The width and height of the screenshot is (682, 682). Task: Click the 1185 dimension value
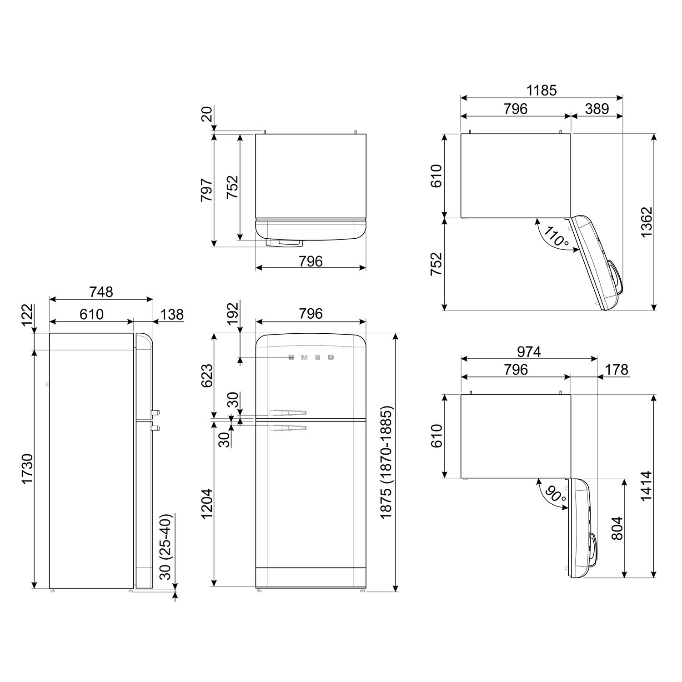pyautogui.click(x=542, y=90)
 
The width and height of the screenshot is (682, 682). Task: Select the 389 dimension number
pyautogui.click(x=597, y=109)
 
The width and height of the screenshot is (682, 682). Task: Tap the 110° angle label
pyautogui.click(x=556, y=236)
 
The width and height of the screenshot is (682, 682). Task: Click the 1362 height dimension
pyautogui.click(x=646, y=222)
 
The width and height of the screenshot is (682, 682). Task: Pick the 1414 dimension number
pyautogui.click(x=646, y=486)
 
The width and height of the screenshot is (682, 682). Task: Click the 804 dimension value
pyautogui.click(x=617, y=528)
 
